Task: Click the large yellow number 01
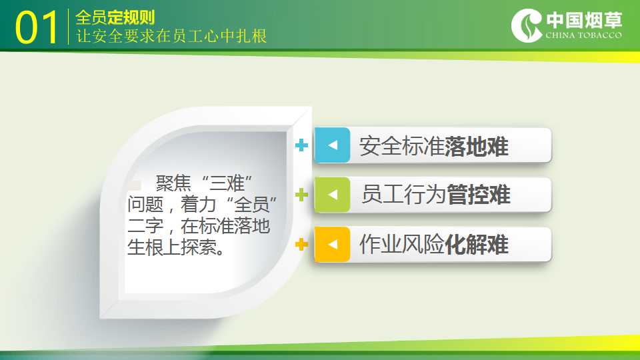coord(36,27)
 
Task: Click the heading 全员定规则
coord(115,17)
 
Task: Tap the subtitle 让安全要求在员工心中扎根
coord(171,36)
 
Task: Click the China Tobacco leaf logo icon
coord(527,25)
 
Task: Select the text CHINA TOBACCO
coord(584,35)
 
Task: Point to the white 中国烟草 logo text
coord(584,19)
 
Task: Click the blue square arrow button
coord(332,145)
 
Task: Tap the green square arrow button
coord(332,195)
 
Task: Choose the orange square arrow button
coord(332,244)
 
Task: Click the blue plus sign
coord(301,145)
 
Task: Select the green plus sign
coord(301,195)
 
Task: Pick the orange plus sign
coord(301,245)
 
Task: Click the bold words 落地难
coord(476,146)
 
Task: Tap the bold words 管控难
coord(479,194)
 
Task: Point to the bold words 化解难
coord(476,245)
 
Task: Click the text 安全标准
coord(401,146)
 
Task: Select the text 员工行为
coord(404,194)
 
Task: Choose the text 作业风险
coord(401,245)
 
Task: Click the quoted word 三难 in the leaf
coord(227,183)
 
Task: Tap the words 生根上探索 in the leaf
coord(172,247)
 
